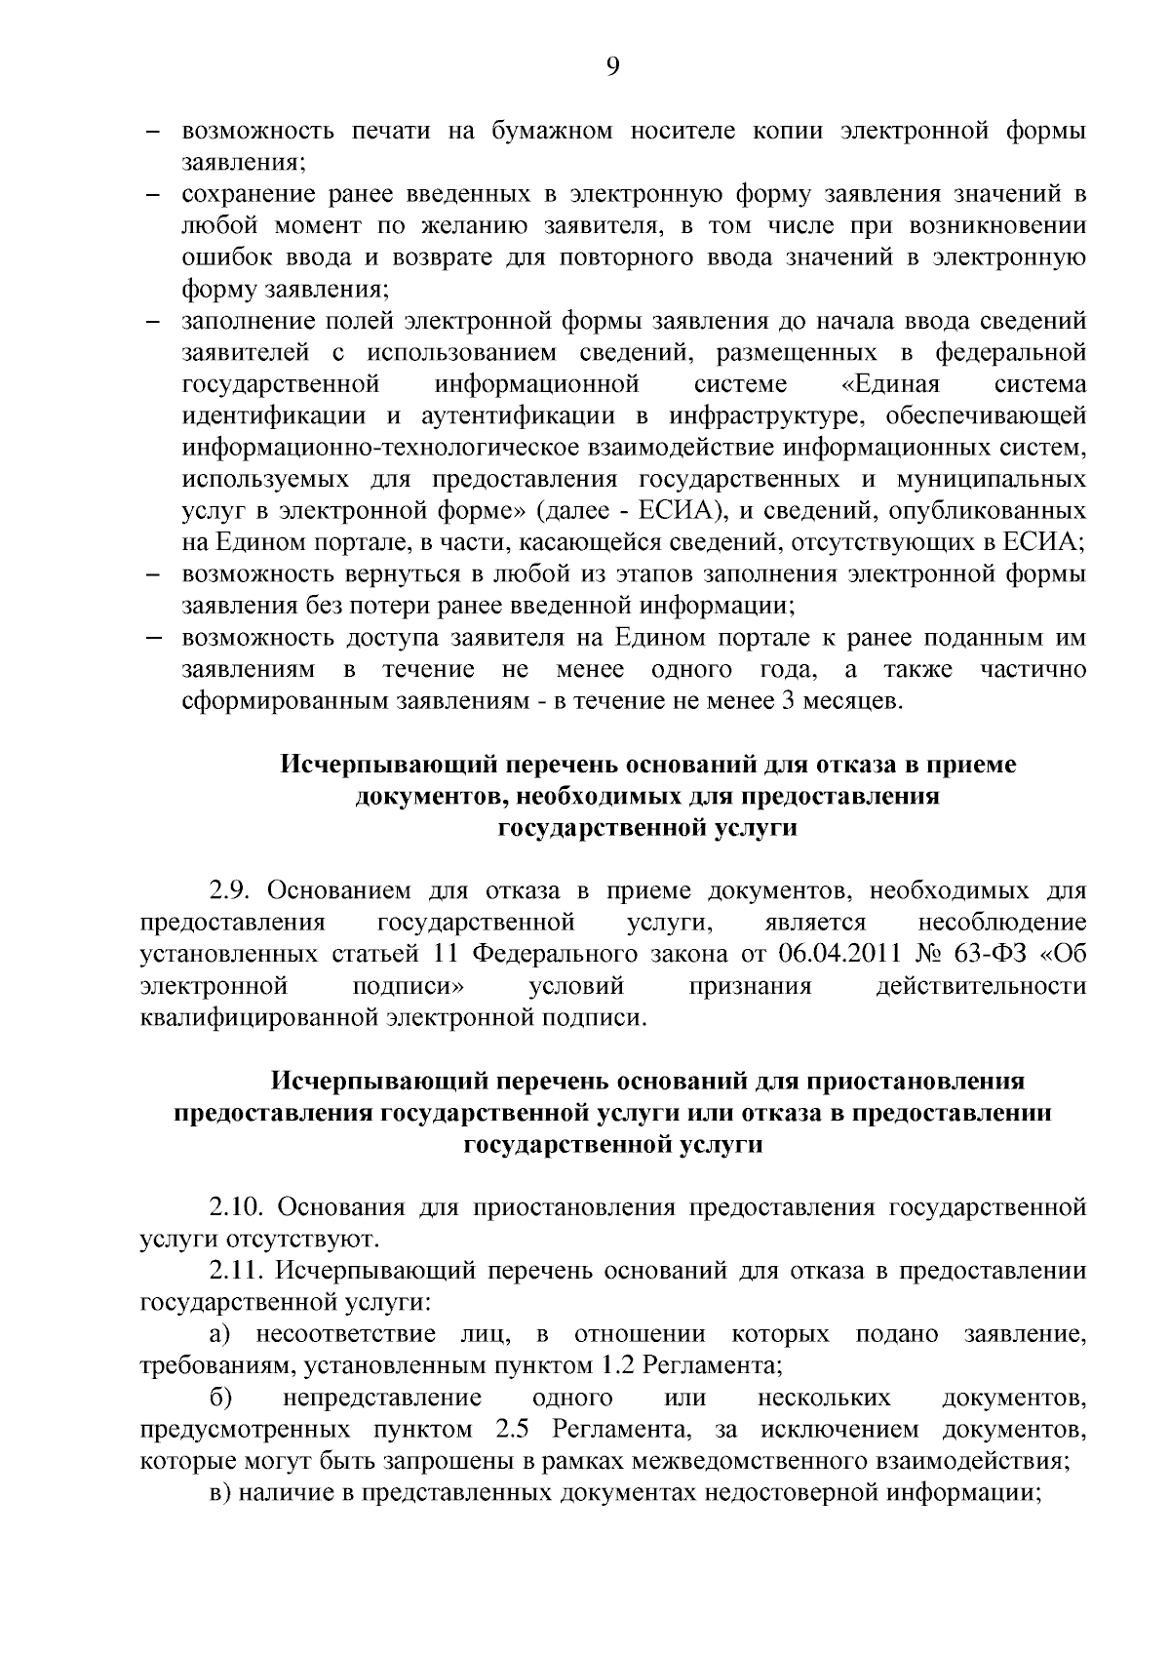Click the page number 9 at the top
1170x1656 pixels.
(613, 65)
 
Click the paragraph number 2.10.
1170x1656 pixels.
(238, 1207)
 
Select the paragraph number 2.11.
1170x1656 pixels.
(238, 1271)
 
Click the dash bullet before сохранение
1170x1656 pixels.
(153, 195)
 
